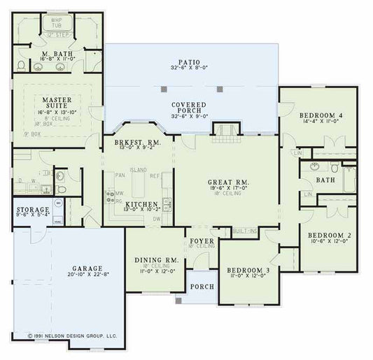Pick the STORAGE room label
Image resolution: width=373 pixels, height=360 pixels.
(x=34, y=210)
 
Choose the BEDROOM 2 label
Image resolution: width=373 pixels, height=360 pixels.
(x=326, y=236)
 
